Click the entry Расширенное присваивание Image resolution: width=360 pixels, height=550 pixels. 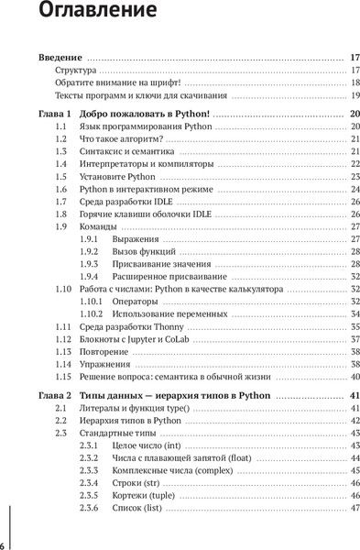164,276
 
